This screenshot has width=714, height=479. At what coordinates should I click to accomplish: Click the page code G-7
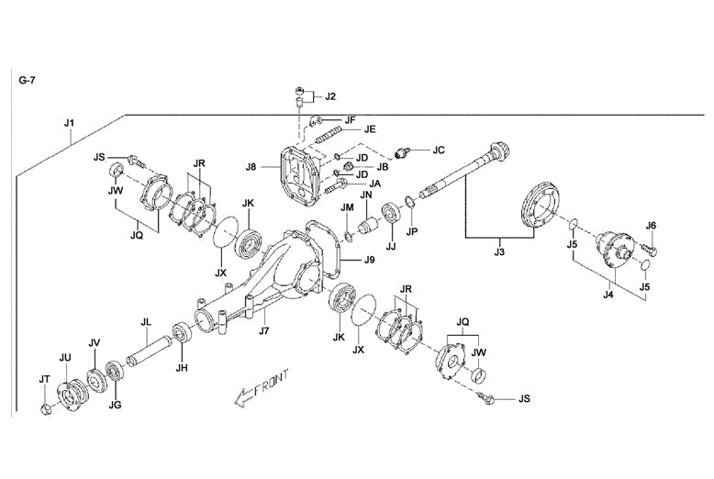point(28,80)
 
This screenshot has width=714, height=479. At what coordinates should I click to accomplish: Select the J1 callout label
point(70,123)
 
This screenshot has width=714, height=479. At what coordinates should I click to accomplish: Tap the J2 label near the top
point(330,95)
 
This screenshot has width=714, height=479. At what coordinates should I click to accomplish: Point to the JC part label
point(438,150)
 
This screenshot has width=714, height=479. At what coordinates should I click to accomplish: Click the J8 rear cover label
point(251,167)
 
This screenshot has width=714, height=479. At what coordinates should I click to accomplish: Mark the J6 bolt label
point(651,225)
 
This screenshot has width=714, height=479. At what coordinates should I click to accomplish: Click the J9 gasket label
point(369,260)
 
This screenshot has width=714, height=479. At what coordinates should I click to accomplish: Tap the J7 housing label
point(263,330)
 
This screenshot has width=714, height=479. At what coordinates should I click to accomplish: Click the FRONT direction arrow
point(262,386)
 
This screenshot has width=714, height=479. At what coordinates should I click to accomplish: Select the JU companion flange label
point(64,356)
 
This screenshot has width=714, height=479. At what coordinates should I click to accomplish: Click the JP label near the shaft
point(412,231)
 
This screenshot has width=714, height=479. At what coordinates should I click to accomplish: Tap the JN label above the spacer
point(365,195)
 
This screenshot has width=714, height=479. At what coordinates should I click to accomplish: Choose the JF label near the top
point(350,119)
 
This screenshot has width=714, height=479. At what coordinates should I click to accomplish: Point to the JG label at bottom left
point(115,403)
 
